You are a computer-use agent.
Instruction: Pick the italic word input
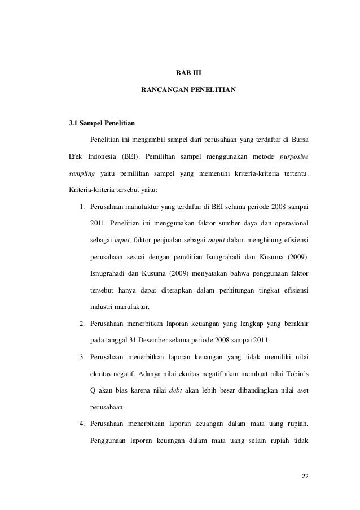pyautogui.click(x=123, y=239)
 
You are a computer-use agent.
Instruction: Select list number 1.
pyautogui.click(x=82, y=206)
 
